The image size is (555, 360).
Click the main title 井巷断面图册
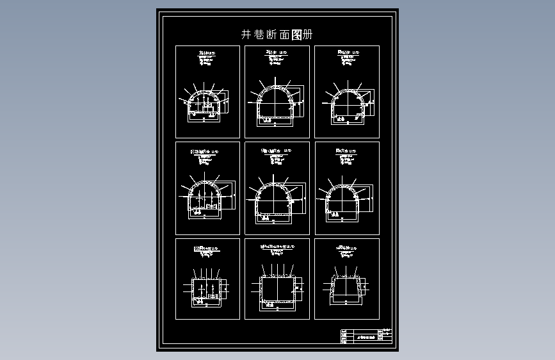(277, 35)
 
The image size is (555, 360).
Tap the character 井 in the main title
(246, 35)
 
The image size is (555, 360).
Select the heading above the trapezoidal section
(346, 246)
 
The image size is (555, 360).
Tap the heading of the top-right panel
(346, 51)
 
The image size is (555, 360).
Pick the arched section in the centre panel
(275, 200)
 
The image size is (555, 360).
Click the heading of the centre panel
(276, 151)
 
